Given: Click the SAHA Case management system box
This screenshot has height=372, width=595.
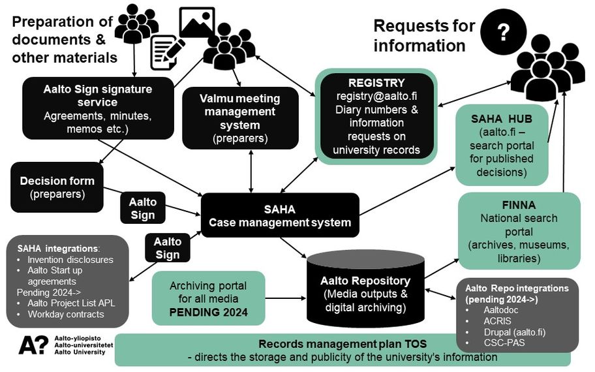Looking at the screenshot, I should [280, 215].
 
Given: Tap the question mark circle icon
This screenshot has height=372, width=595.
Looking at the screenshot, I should [503, 33].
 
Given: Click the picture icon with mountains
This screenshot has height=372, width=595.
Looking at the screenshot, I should [197, 23].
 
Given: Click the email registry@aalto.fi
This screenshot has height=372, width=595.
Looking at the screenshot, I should [376, 96].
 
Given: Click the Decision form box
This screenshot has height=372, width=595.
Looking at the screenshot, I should [57, 187].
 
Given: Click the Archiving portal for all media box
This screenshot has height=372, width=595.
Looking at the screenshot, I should [208, 298].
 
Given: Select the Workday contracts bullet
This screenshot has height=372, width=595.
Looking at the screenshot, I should [65, 315].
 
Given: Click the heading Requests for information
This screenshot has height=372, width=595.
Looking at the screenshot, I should [423, 36].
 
